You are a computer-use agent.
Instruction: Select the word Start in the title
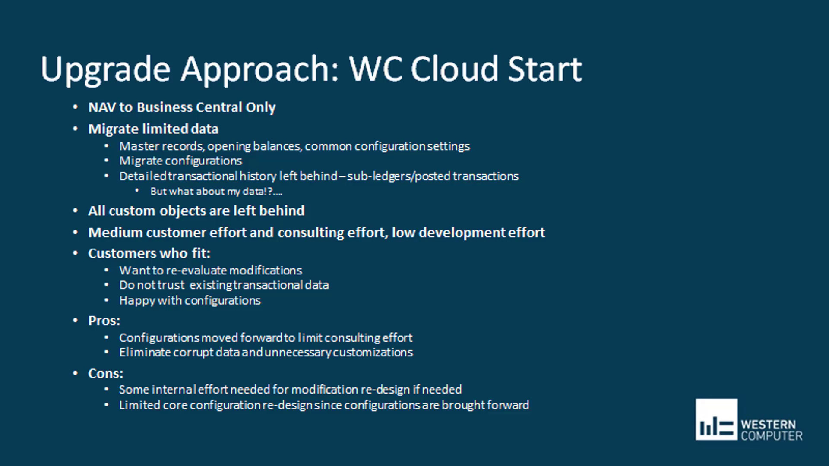544,69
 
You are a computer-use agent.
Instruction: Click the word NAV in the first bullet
102,107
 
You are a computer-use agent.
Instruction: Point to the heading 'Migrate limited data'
153,129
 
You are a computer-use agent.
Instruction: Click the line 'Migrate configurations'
180,161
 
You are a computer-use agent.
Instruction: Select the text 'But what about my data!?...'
216,192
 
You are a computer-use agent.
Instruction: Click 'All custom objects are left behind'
196,211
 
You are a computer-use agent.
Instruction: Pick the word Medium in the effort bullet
115,233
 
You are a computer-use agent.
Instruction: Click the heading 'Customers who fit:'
149,253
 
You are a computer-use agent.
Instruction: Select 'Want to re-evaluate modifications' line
210,271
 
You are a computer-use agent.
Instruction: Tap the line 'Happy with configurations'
190,301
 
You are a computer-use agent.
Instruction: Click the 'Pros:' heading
104,321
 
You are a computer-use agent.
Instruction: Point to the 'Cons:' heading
105,373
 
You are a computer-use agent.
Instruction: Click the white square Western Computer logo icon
716,419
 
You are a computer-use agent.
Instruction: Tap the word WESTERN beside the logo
768,425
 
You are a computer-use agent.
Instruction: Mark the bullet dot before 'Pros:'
76,320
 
